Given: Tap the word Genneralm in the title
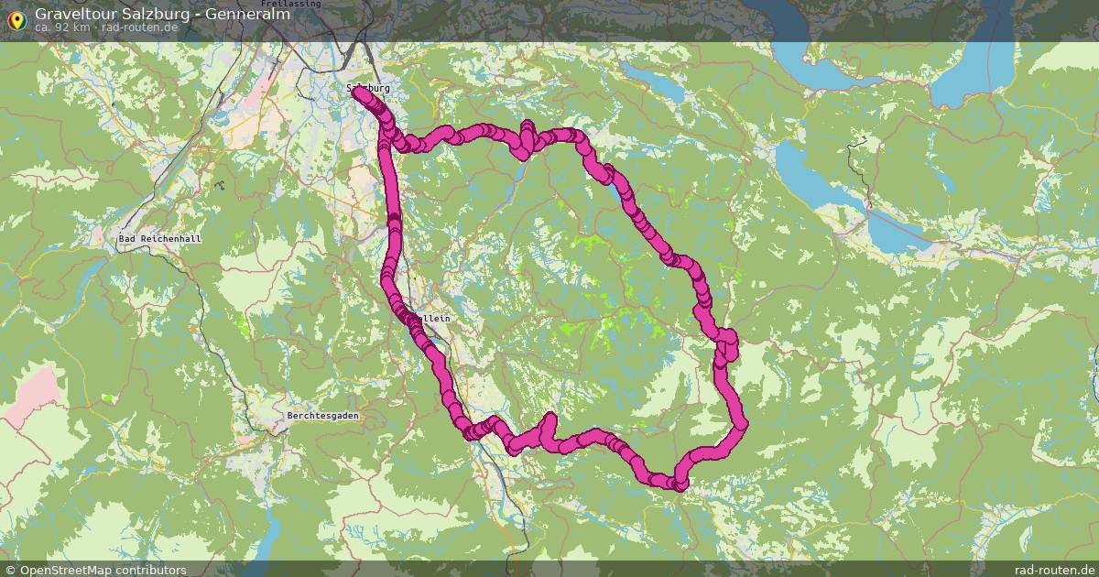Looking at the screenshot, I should [x=248, y=14].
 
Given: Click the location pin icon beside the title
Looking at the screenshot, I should [x=16, y=18].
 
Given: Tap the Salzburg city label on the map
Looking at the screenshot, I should [x=368, y=88].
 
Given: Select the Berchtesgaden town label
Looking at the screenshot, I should [x=322, y=415].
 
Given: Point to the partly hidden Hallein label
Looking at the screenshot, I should [x=436, y=318].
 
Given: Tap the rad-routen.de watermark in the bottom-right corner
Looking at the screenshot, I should [x=1054, y=570].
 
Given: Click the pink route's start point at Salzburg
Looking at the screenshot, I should [x=357, y=93].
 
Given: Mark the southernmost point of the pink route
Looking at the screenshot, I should [x=679, y=484].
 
